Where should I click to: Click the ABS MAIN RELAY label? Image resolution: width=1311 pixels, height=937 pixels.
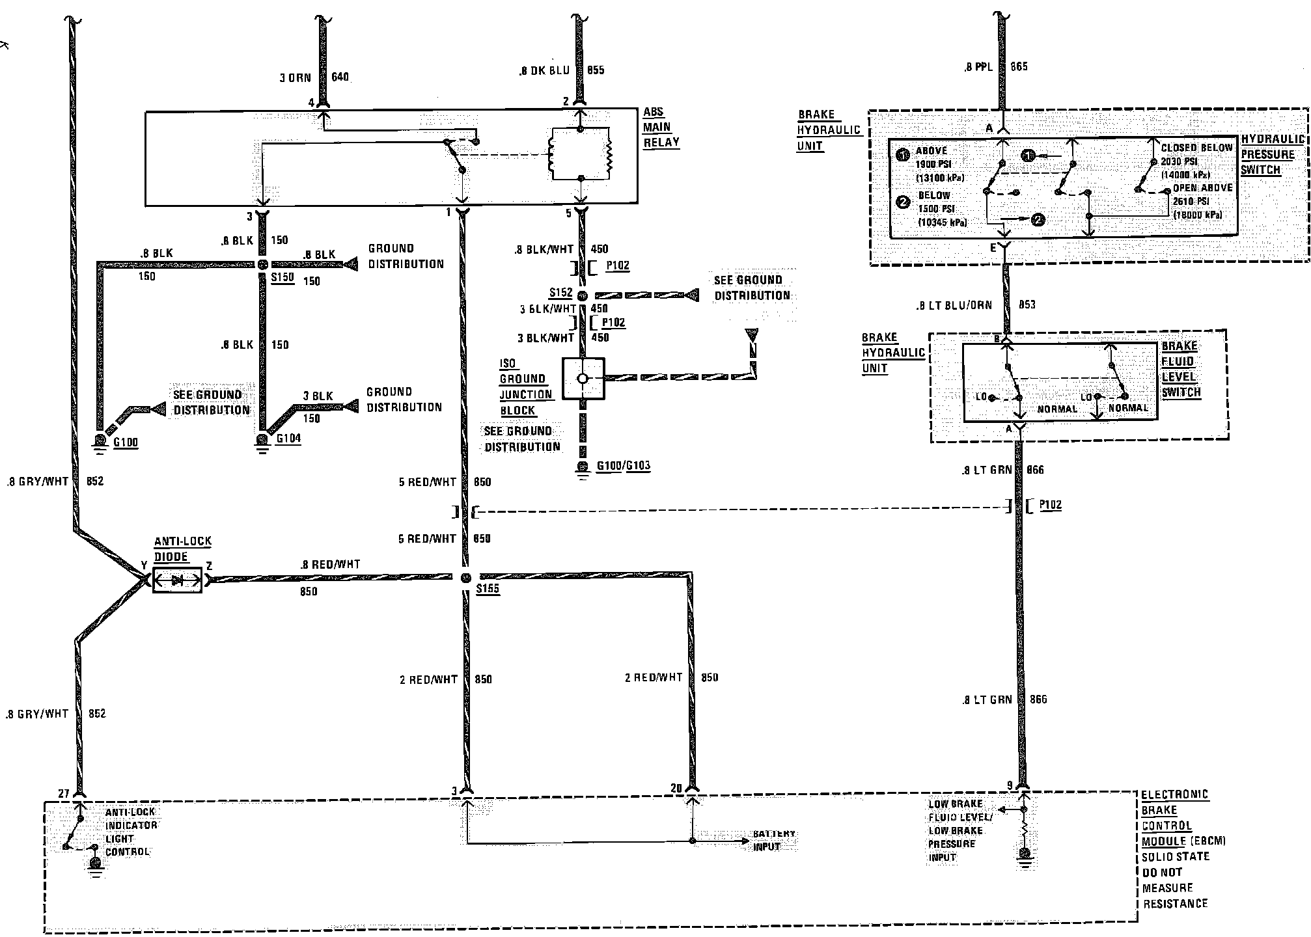pyautogui.click(x=661, y=128)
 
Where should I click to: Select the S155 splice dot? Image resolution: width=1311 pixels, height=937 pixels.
pyautogui.click(x=465, y=578)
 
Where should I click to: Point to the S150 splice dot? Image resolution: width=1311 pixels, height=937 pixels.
pyautogui.click(x=262, y=265)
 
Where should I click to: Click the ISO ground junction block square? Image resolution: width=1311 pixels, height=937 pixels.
pyautogui.click(x=583, y=378)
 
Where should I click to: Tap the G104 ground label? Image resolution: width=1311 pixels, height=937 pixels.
pyautogui.click(x=288, y=438)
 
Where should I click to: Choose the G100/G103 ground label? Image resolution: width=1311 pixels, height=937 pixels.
pyautogui.click(x=623, y=466)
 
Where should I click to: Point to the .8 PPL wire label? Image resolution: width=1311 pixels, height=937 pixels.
pyautogui.click(x=978, y=66)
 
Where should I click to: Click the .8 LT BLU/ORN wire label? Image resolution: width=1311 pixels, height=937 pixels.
pyautogui.click(x=954, y=305)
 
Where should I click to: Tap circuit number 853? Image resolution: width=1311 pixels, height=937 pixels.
pyautogui.click(x=1027, y=305)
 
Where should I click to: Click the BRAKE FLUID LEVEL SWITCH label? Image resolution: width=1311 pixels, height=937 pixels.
pyautogui.click(x=1180, y=370)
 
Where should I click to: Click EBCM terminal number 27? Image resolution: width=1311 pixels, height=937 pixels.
pyautogui.click(x=64, y=793)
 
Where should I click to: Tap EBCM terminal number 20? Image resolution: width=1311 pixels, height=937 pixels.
pyautogui.click(x=676, y=788)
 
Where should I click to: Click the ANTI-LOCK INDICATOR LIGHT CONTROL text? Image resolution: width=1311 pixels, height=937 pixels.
pyautogui.click(x=130, y=832)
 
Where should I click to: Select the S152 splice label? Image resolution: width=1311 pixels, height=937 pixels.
pyautogui.click(x=560, y=293)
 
